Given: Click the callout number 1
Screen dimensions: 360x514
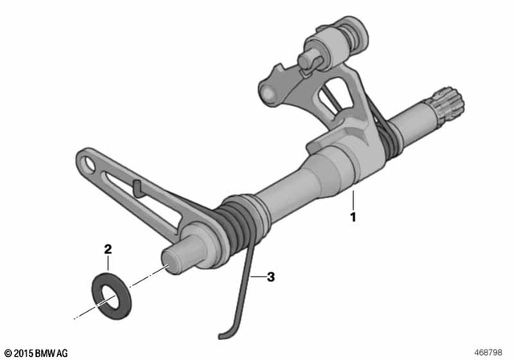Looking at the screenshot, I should (x=350, y=216).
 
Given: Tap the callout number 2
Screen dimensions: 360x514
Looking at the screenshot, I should (x=105, y=251).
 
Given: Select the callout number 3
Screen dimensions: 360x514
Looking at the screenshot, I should (x=271, y=277).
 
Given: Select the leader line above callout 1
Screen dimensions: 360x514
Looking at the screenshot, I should (x=350, y=201).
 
